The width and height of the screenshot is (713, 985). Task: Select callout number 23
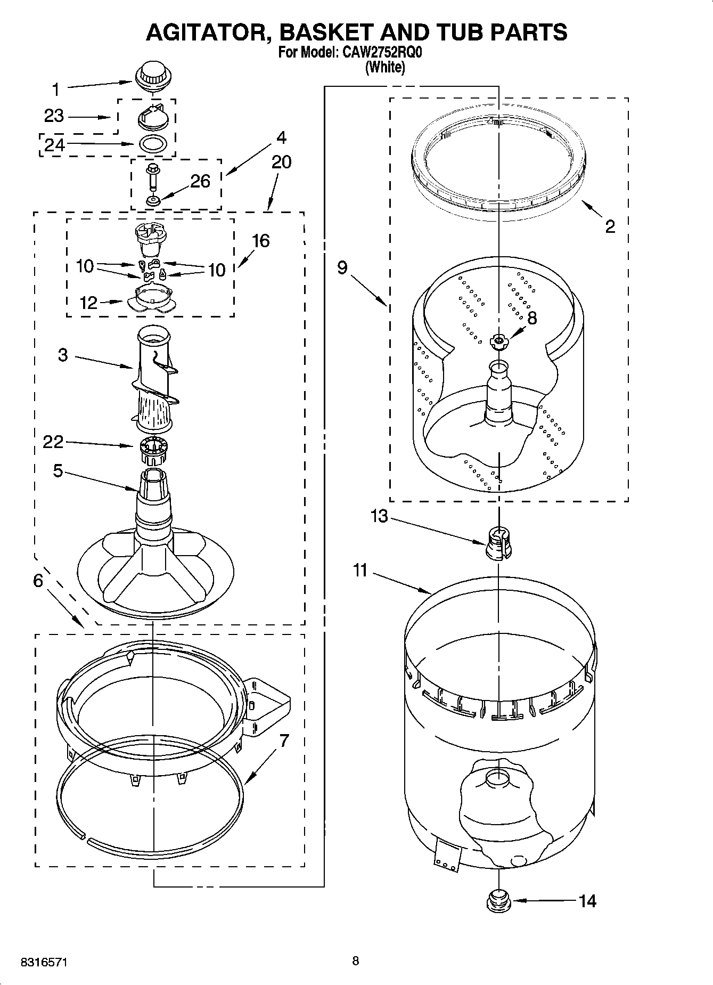click(x=54, y=116)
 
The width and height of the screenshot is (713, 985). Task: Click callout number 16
click(x=260, y=241)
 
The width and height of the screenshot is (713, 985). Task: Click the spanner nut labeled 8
click(x=498, y=340)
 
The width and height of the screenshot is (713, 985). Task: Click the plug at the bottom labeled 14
click(x=498, y=900)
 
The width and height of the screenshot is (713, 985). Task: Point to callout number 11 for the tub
click(x=360, y=571)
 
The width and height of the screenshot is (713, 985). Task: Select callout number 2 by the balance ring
click(x=610, y=226)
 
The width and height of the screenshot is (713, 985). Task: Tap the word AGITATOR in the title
click(x=208, y=32)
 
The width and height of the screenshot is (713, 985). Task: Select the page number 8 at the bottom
click(x=355, y=960)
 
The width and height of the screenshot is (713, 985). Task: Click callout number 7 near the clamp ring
click(x=284, y=740)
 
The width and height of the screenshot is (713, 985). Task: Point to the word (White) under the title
click(x=385, y=68)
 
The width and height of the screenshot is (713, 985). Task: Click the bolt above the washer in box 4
click(x=152, y=175)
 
